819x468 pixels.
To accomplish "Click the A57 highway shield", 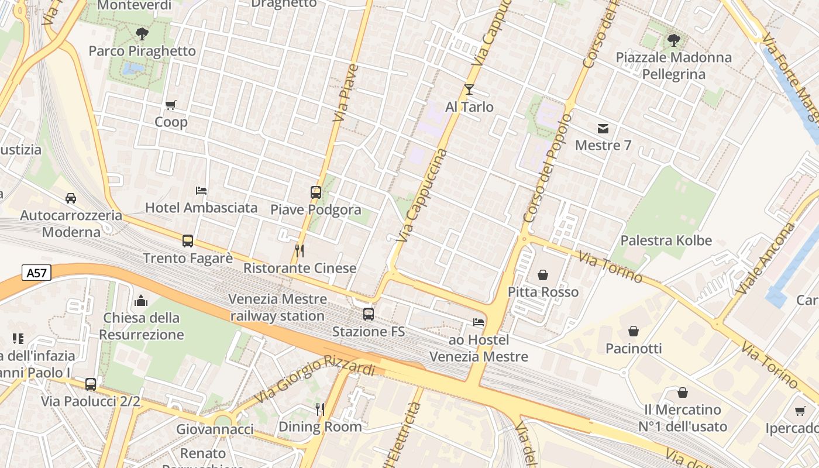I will point(37,273).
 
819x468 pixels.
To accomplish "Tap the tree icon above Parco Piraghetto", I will point(142,34).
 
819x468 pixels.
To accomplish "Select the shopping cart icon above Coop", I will point(170,105).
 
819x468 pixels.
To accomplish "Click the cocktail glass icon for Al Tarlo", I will point(469,90).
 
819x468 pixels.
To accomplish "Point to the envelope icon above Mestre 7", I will point(603,128).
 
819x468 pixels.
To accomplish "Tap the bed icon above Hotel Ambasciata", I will point(201,191).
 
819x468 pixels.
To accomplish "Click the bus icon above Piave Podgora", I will point(316,192).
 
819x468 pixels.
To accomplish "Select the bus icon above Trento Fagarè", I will point(187,241).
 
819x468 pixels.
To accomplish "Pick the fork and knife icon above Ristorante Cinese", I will point(300,251).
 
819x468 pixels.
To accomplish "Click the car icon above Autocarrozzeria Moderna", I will point(71,198).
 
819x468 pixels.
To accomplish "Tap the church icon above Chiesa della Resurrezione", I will point(140,301).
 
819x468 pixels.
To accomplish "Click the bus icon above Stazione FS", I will point(369,314).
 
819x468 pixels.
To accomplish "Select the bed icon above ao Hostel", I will point(479,322).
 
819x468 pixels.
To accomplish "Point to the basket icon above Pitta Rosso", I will point(543,274).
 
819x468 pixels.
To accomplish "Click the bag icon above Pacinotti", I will point(634,331).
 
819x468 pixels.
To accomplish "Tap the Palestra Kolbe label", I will point(666,240).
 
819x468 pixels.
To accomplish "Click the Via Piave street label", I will point(345,93).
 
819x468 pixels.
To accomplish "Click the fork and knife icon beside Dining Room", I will point(320,409).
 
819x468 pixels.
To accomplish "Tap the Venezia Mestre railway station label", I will point(277,308).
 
